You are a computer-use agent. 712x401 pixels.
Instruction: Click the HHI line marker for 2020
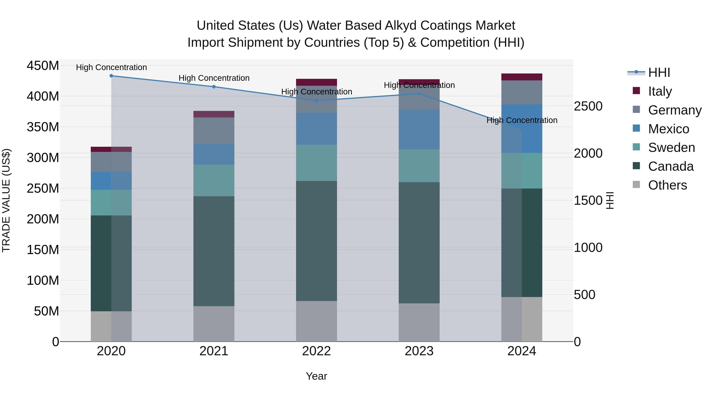point(111,76)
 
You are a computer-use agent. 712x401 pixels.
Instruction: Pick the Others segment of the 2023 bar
point(419,322)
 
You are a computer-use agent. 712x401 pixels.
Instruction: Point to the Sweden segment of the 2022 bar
point(316,163)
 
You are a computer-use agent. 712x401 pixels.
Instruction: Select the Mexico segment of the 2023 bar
point(419,130)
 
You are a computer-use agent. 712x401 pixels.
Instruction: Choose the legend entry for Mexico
point(668,129)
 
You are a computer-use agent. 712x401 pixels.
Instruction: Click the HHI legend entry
point(659,72)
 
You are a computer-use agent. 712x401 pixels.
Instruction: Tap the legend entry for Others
point(667,185)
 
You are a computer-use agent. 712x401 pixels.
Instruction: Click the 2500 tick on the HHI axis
point(588,106)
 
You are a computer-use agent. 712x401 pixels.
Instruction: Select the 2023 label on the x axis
point(419,351)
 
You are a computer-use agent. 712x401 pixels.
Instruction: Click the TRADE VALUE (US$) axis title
point(6,200)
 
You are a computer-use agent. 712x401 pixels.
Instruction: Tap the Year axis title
point(316,376)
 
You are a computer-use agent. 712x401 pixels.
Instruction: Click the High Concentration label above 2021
point(214,78)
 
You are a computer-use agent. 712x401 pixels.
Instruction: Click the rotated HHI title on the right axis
point(610,200)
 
